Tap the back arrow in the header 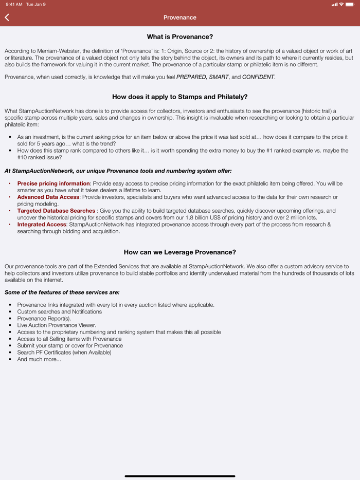(7, 17)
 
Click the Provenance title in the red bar (180, 17)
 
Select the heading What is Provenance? (180, 37)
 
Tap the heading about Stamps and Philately (180, 97)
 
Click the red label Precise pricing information (53, 183)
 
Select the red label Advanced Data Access (48, 197)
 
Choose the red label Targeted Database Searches (56, 211)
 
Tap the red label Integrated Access (42, 225)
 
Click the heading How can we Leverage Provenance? (180, 252)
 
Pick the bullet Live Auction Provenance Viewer (57, 325)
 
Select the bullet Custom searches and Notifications (60, 312)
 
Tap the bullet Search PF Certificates (64, 353)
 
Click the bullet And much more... (39, 359)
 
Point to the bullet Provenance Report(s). (44, 319)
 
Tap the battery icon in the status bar (351, 5)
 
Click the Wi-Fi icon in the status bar (341, 5)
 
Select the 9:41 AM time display (14, 5)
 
